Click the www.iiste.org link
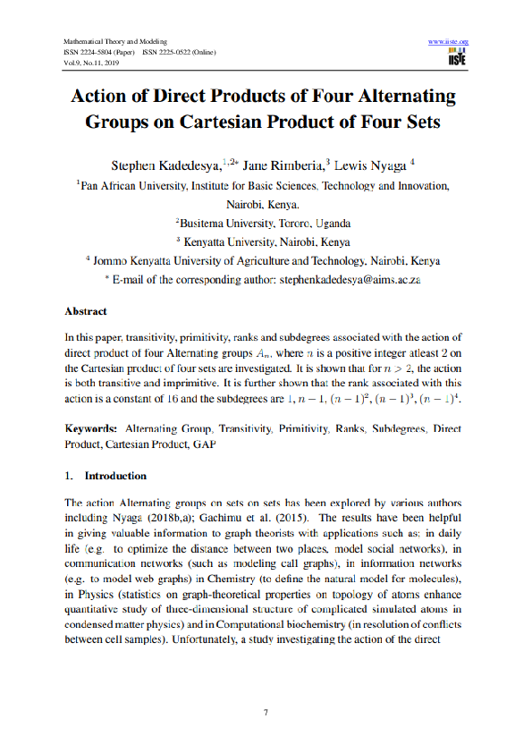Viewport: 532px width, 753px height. point(450,42)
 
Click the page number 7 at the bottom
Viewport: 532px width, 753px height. point(266,712)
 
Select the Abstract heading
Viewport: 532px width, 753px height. point(86,311)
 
